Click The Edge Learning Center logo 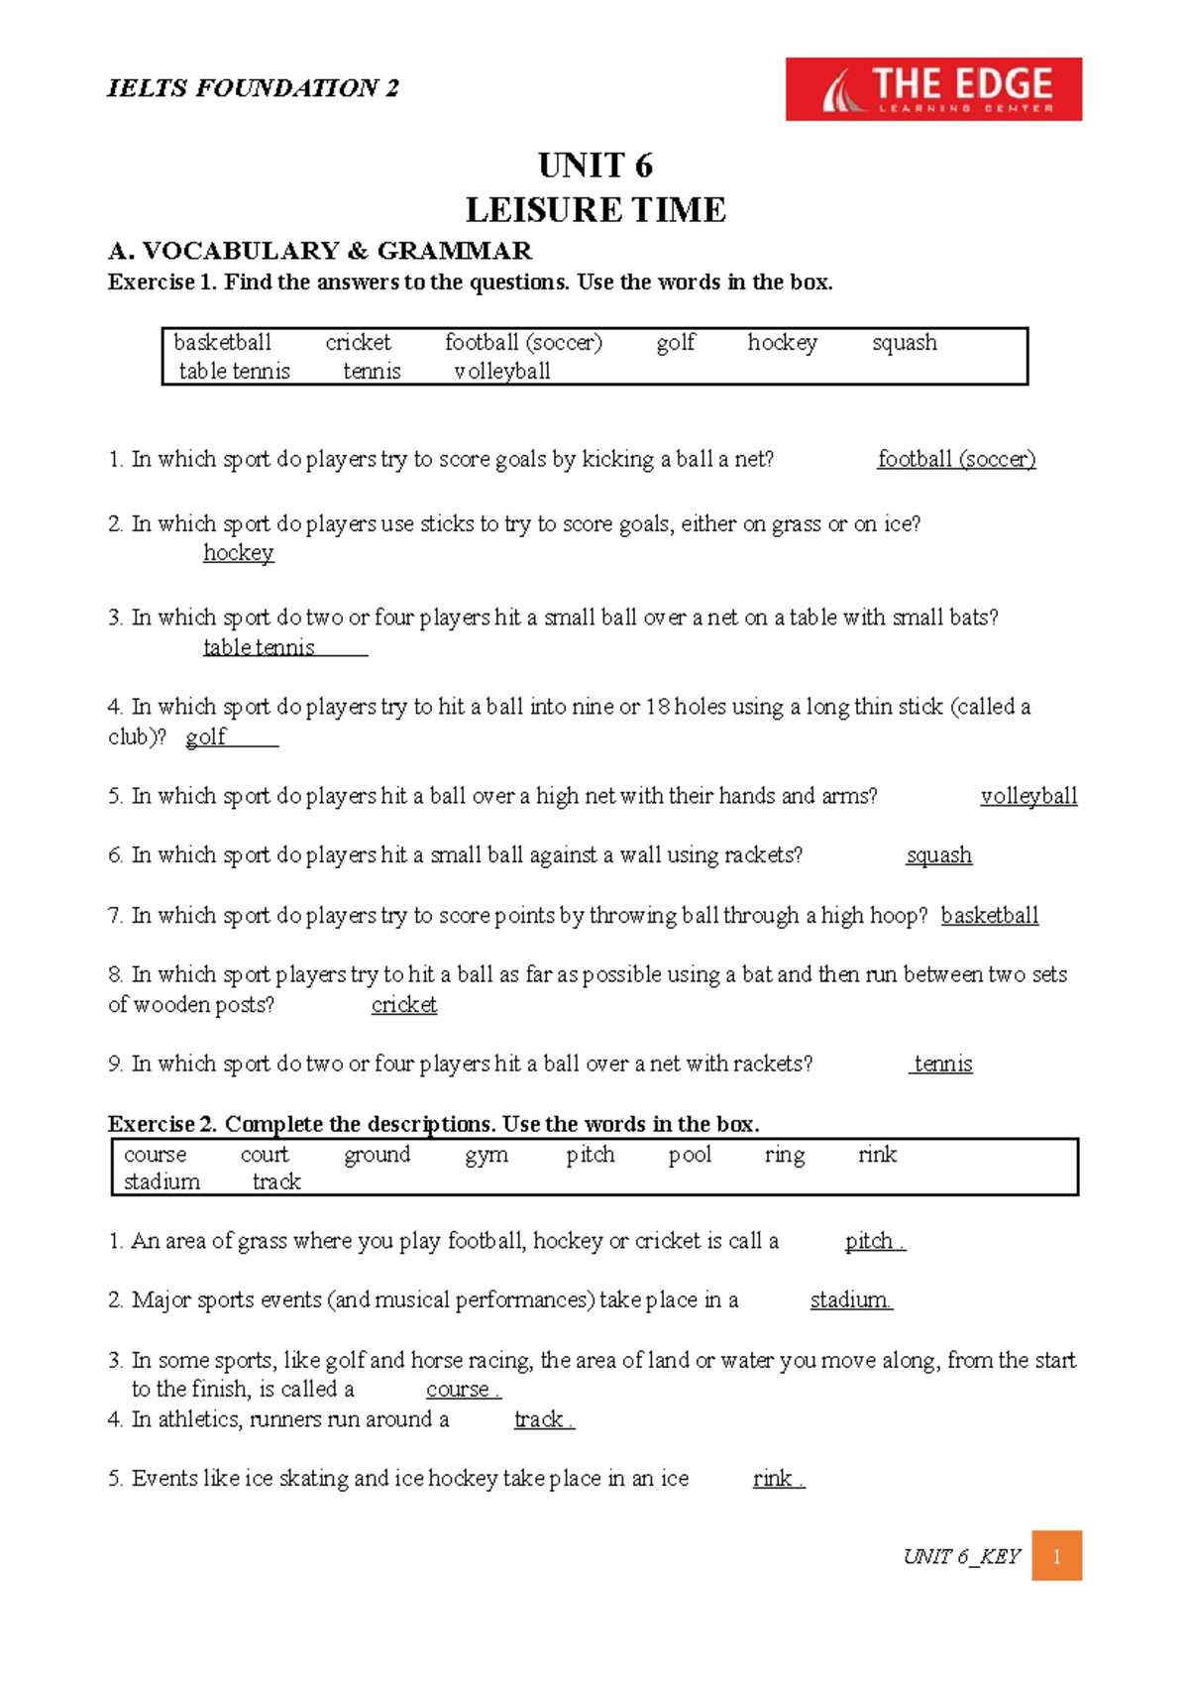coord(933,89)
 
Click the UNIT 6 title coord(594,165)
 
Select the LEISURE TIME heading coord(595,210)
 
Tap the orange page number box coord(1056,1555)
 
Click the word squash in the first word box coord(904,343)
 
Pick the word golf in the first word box coord(675,343)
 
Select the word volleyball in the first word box coord(501,372)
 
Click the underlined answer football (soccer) coord(956,459)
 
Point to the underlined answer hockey coord(238,552)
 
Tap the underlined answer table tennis coord(259,647)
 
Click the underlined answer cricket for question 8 coord(404,1004)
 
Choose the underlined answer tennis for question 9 coord(942,1064)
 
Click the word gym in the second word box coord(486,1155)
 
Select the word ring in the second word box coord(785,1155)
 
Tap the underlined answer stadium coord(850,1299)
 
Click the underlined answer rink coord(773,1478)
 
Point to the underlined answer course coord(458,1389)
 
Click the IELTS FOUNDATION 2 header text coord(253,88)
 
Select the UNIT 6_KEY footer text coord(961,1556)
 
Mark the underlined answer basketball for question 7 coord(989,915)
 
